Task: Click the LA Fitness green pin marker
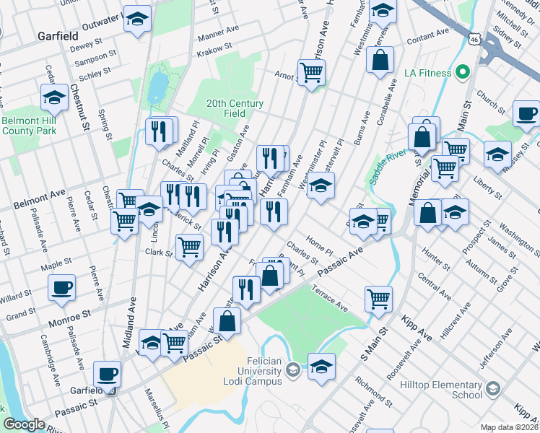tap(462, 73)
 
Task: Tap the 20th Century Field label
tap(235, 108)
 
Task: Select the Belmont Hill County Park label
tap(28, 126)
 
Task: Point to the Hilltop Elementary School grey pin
tap(492, 390)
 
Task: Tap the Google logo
tap(24, 424)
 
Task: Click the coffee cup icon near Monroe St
tap(61, 288)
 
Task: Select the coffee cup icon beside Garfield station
tap(108, 374)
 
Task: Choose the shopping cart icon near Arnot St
tap(311, 72)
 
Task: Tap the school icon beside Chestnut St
tap(53, 97)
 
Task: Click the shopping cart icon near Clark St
tap(189, 248)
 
